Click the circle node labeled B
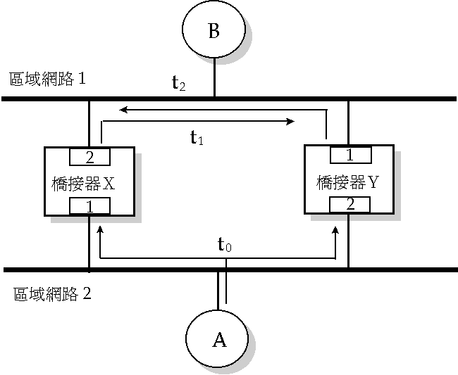point(214,32)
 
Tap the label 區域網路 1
point(47,79)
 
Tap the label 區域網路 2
point(52,293)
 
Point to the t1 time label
point(197,138)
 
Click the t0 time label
point(223,246)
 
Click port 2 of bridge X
point(89,155)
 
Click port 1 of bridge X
point(89,205)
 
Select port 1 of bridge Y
point(349,153)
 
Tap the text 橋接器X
point(83,184)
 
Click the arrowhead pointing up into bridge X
point(101,230)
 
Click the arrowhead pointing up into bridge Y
point(335,230)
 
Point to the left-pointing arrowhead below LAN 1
point(123,110)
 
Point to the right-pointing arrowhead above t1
point(290,122)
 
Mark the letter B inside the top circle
point(214,32)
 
